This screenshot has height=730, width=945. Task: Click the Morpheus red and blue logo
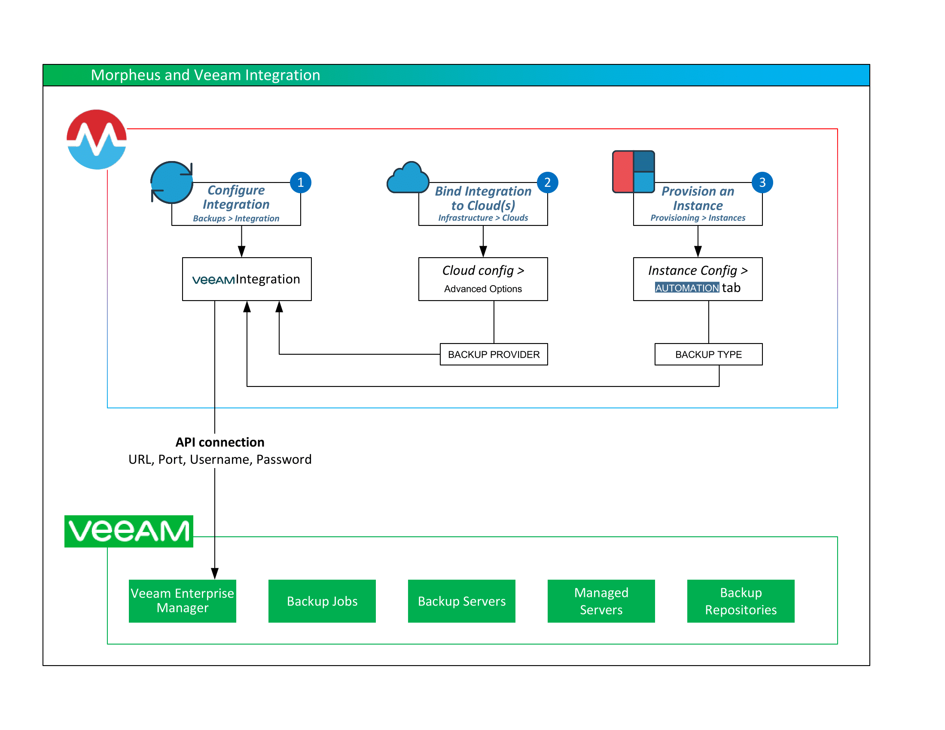[97, 139]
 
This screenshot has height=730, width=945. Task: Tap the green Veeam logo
[128, 531]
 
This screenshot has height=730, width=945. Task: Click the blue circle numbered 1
[300, 182]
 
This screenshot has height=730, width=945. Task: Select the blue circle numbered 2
[547, 182]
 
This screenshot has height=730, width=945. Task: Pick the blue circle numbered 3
[762, 182]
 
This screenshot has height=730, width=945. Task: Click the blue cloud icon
[408, 178]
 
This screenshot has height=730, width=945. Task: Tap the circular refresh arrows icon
[172, 182]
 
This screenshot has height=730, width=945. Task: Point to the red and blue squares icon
[633, 172]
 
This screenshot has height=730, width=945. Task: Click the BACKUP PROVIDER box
[493, 354]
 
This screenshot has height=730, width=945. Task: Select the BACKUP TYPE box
[708, 354]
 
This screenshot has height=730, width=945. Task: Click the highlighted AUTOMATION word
[687, 288]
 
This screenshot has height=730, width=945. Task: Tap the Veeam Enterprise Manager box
[182, 601]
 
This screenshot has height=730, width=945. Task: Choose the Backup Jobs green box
[322, 601]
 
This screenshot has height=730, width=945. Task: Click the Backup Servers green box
[461, 601]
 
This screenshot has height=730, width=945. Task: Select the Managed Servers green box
[601, 601]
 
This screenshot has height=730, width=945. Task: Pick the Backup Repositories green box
[741, 601]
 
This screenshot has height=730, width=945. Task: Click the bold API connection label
[220, 442]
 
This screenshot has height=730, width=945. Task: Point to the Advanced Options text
[482, 289]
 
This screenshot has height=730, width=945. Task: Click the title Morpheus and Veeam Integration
[205, 75]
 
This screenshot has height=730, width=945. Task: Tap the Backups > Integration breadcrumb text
[236, 219]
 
